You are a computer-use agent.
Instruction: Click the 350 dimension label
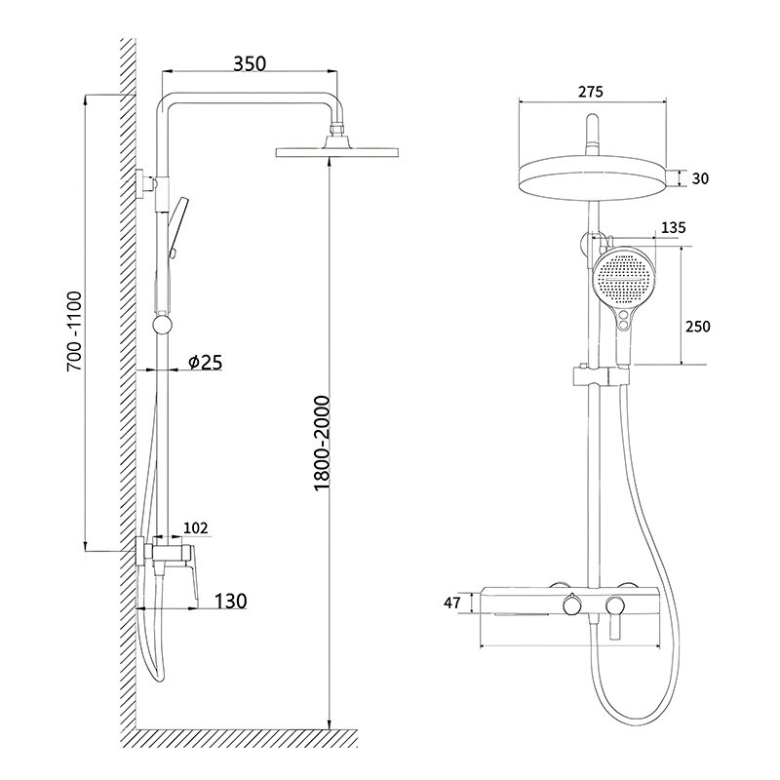coord(250,63)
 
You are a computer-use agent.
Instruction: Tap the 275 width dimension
coord(591,92)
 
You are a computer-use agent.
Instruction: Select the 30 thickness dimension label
coord(700,178)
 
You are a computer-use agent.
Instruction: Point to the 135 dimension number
coord(673,227)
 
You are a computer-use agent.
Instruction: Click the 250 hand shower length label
coord(698,327)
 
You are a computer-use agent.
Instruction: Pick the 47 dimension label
coord(451,603)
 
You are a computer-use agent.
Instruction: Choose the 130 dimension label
coord(230,601)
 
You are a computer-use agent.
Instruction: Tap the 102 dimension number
coord(196,527)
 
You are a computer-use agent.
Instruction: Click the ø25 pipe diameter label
coord(206,362)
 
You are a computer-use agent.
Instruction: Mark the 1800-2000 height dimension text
coord(323,444)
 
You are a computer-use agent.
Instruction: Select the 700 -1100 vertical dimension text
coord(75,331)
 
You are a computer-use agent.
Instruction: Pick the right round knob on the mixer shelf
coord(615,606)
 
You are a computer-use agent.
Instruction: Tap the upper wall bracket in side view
coord(145,184)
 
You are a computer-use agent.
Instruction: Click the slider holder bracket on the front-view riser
coord(601,375)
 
